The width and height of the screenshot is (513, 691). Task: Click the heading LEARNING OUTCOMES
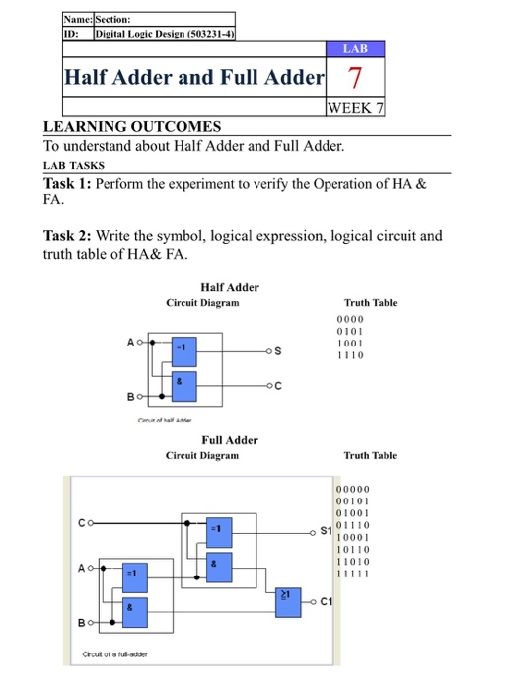(x=132, y=127)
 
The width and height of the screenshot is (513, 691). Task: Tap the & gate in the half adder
(x=180, y=381)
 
